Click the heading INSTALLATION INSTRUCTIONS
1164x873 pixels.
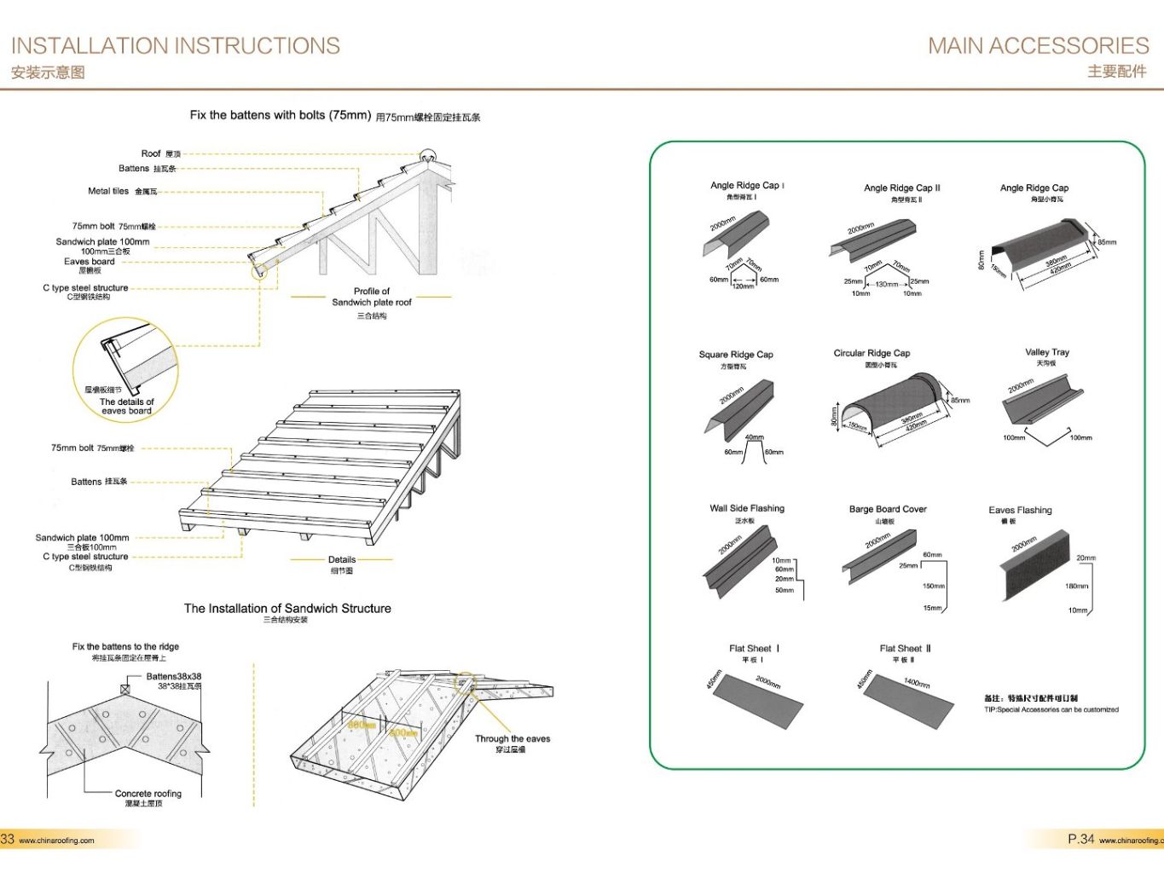(x=175, y=46)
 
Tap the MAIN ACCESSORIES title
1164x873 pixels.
(x=1038, y=46)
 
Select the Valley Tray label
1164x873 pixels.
(x=1046, y=352)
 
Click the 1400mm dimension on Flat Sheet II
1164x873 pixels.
(x=917, y=682)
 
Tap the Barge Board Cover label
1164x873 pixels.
(x=887, y=509)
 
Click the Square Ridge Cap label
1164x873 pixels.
(x=735, y=355)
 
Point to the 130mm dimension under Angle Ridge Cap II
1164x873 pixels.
(x=886, y=285)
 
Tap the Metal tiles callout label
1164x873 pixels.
(x=108, y=191)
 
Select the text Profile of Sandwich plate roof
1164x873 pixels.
(x=372, y=297)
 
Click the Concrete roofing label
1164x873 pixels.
(x=148, y=794)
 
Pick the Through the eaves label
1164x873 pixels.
(x=513, y=739)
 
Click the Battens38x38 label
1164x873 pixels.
(x=173, y=677)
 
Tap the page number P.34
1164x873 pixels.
(x=1080, y=840)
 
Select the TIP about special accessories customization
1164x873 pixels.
(x=1051, y=709)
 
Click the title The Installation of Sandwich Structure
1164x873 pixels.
(x=287, y=609)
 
